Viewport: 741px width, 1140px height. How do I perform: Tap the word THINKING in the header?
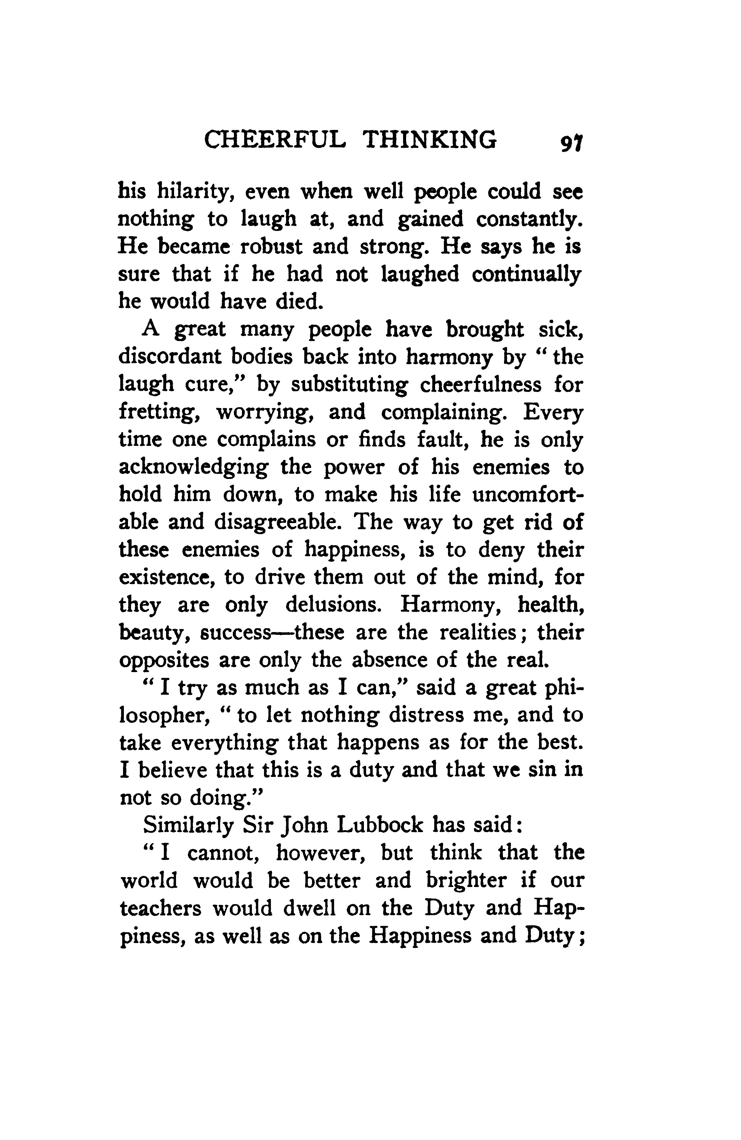[429, 140]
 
